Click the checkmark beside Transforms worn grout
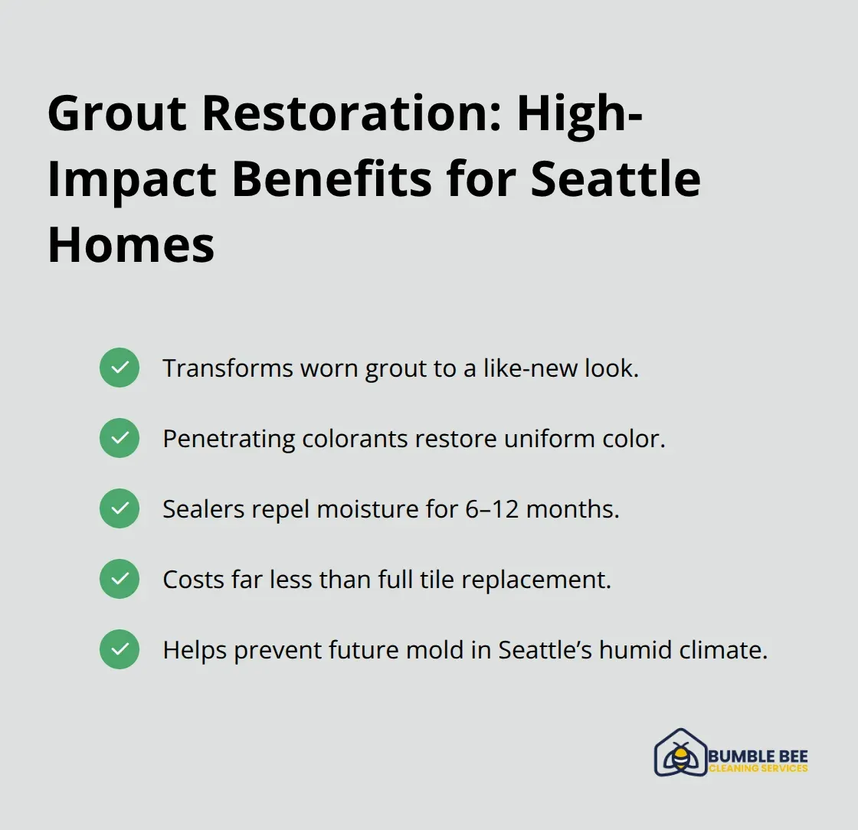(x=120, y=368)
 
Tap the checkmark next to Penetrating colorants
(x=120, y=439)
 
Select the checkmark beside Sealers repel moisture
(x=120, y=509)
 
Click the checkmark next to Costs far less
(x=120, y=580)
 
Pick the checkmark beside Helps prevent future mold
(x=120, y=650)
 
